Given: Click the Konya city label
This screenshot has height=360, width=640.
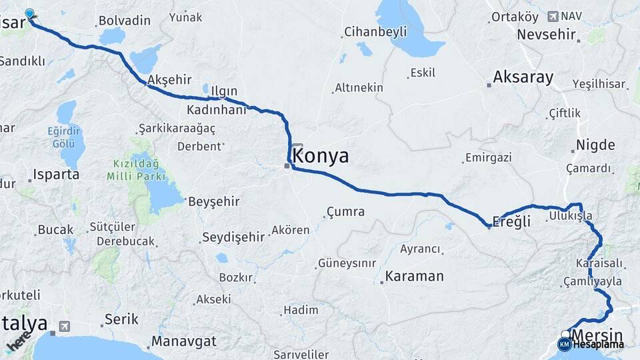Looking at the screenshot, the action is pos(321,156).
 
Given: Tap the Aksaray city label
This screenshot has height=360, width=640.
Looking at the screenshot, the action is pos(523,77).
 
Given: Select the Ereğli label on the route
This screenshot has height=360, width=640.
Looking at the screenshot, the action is pos(511,222).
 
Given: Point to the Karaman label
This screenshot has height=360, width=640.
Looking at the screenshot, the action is pos(415,276).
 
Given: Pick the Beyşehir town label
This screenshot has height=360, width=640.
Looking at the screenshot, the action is pos(214,201).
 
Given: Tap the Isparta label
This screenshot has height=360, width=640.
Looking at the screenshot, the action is pos(56,175).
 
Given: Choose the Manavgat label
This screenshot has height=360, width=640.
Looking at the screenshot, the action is pos(184,341).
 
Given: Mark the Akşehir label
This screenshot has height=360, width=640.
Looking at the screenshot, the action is pos(169,80).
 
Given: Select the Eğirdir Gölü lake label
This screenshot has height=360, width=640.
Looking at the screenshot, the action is pos(63,137).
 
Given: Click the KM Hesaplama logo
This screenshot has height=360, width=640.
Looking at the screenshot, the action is pos(591,345).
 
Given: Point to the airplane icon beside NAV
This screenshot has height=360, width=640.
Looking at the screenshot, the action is pos(553,15).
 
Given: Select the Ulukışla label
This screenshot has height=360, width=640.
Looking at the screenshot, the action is pos(570,216).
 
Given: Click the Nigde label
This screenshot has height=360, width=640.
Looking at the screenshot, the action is pos(595,145).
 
